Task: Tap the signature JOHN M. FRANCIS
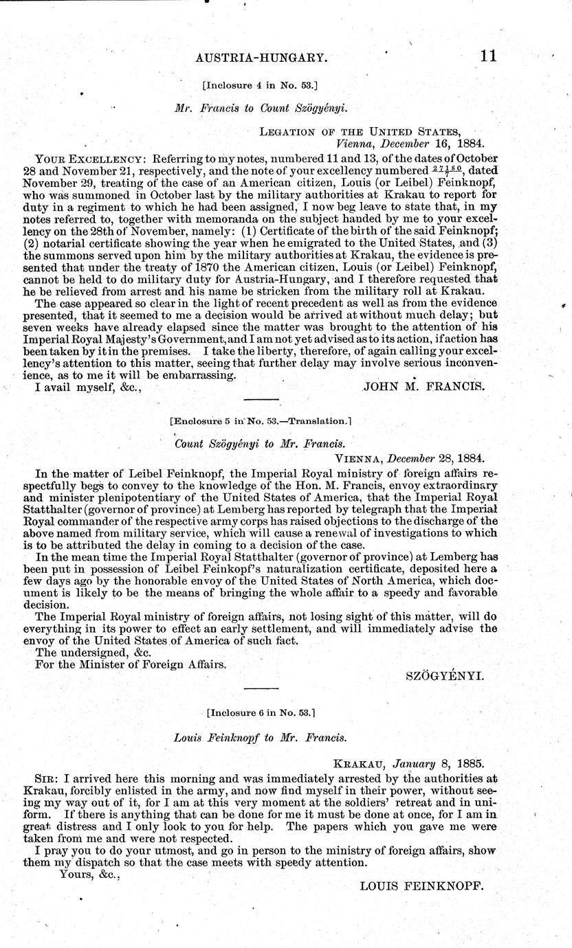tap(423, 387)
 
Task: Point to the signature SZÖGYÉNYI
tap(445, 676)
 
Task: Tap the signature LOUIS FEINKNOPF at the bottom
tap(422, 886)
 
